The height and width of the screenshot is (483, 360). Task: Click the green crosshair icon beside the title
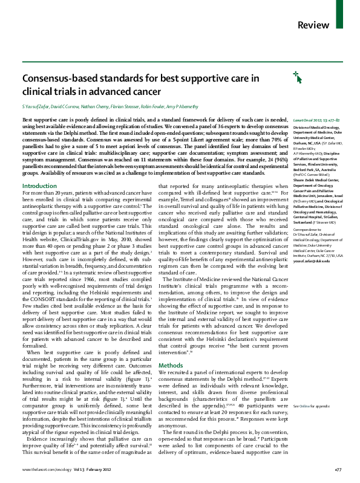(280, 76)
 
